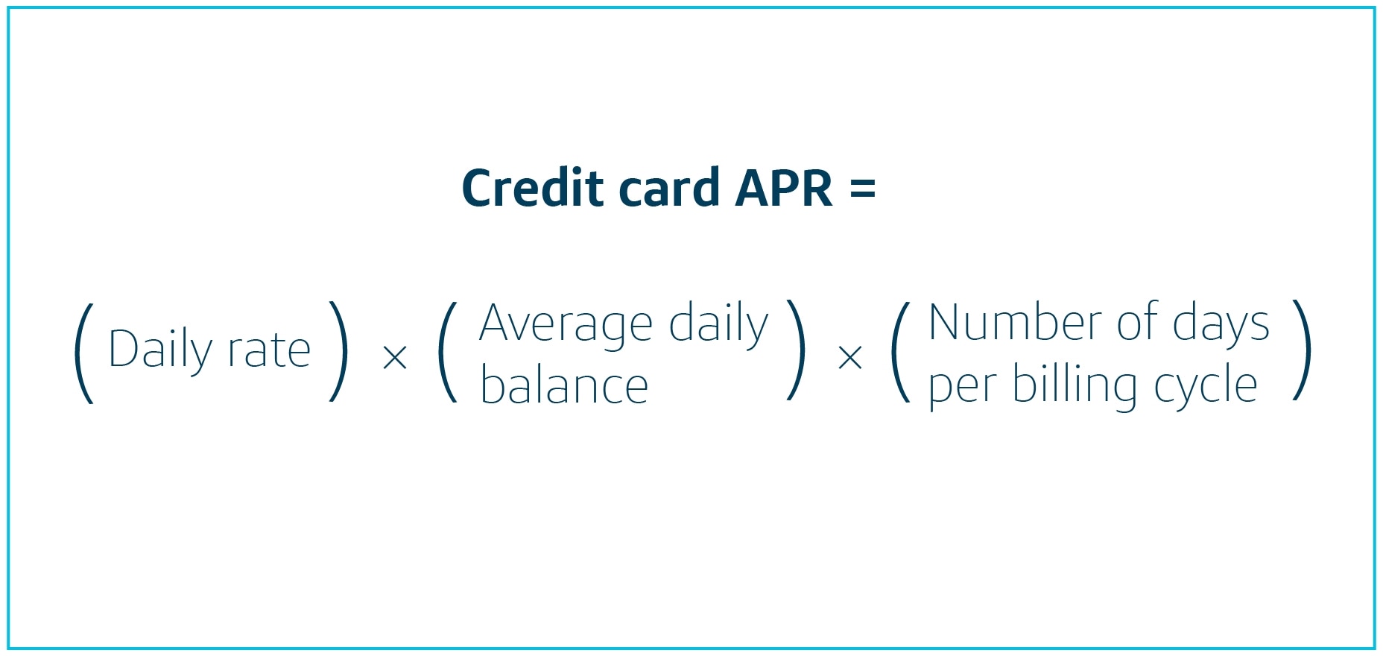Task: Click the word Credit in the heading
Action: click(532, 188)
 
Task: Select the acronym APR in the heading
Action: click(783, 188)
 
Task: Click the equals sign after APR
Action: click(862, 189)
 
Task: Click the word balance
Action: click(564, 386)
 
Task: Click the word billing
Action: click(1074, 386)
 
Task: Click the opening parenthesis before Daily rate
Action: click(83, 353)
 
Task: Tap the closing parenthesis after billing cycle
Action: click(1302, 350)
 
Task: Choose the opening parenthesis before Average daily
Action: click(447, 352)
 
